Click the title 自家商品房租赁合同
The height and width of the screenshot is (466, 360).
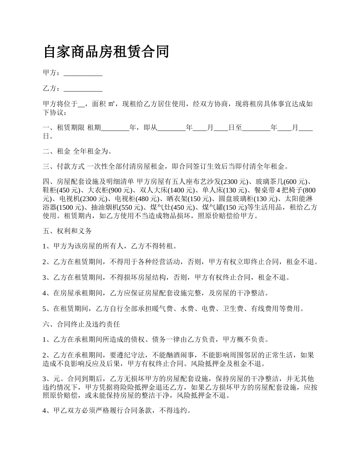click(x=106, y=52)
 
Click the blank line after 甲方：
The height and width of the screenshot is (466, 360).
click(x=83, y=73)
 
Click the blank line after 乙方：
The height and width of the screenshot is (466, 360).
click(x=83, y=89)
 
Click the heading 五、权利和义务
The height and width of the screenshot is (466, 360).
click(x=67, y=231)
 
